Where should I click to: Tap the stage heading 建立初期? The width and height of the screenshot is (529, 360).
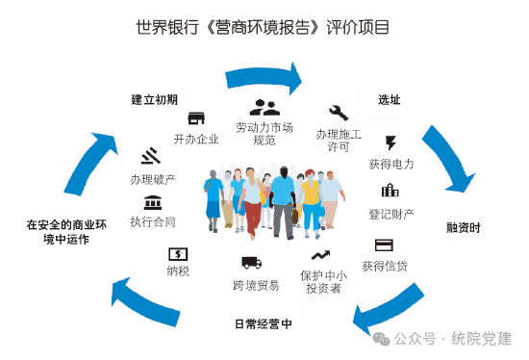tap(155, 99)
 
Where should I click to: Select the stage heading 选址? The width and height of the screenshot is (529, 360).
tap(389, 99)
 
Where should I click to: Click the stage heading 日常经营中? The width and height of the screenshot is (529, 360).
tap(263, 324)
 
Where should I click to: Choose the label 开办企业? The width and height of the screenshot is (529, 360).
tap(196, 139)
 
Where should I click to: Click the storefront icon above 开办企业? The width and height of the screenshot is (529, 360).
tap(196, 118)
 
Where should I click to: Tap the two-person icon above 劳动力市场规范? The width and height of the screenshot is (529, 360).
tap(264, 108)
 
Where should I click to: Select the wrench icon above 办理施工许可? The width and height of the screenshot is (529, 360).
tap(339, 113)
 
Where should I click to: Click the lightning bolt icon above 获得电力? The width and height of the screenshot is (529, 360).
tap(390, 142)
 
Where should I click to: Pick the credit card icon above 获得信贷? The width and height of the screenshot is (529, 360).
tap(384, 244)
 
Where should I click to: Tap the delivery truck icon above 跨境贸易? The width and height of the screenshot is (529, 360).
tap(251, 262)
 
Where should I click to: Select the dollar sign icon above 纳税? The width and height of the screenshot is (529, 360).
tap(178, 253)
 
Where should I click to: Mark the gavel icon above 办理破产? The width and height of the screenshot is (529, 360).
tap(150, 156)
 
